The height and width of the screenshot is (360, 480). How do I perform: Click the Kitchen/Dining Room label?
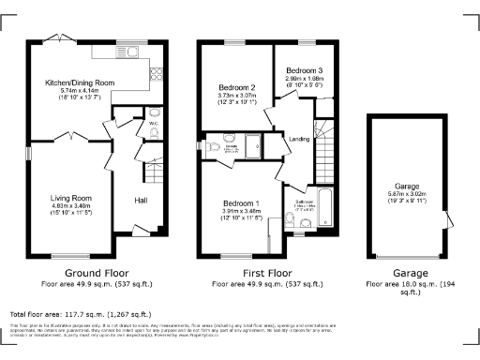[80, 82]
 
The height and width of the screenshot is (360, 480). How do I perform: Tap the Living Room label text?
[70, 199]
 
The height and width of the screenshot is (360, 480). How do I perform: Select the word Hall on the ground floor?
[140, 201]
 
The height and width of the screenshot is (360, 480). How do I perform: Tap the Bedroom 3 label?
[304, 70]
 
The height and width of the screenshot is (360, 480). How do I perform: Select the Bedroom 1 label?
[242, 203]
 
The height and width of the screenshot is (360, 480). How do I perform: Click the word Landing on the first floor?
[299, 140]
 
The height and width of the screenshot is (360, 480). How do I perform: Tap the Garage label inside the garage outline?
[406, 187]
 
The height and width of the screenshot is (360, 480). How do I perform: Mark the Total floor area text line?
[80, 314]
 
